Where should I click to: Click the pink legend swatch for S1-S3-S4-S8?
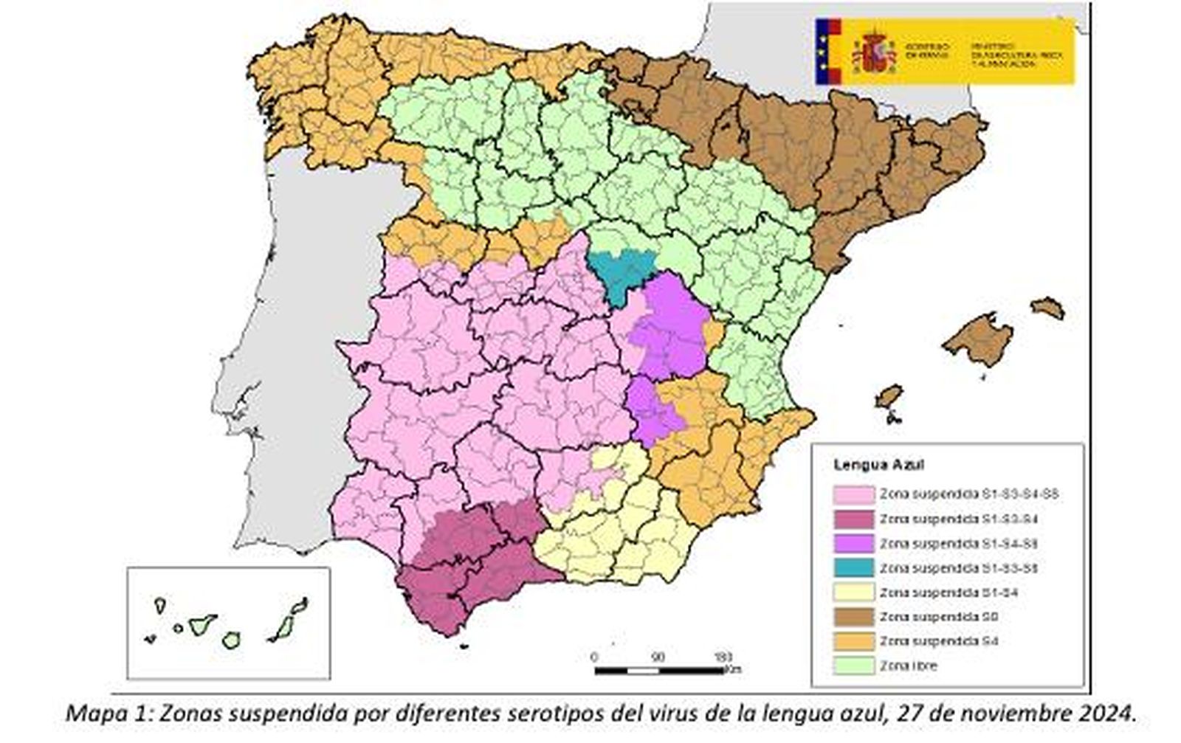click(x=853, y=494)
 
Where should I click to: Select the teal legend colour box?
click(x=853, y=568)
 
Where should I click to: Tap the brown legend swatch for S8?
click(x=853, y=617)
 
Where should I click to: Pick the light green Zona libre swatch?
click(x=853, y=666)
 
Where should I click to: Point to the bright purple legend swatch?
click(x=853, y=544)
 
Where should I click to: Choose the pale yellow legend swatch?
click(x=853, y=592)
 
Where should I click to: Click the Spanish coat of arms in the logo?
click(x=873, y=52)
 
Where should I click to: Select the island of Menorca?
click(x=1048, y=307)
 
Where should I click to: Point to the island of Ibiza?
click(x=889, y=397)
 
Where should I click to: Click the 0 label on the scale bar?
click(x=595, y=657)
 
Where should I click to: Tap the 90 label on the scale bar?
click(x=658, y=657)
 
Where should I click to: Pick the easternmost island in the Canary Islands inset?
click(x=298, y=606)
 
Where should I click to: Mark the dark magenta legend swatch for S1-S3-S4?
click(x=853, y=519)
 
